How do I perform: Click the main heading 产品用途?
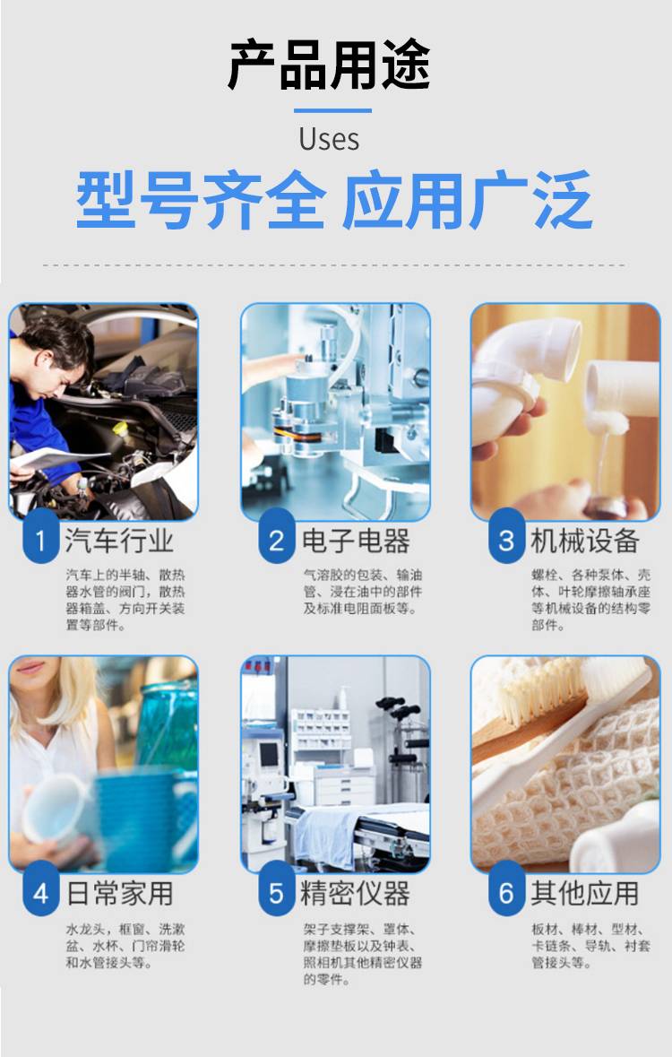click(329, 65)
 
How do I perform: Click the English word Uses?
click(329, 139)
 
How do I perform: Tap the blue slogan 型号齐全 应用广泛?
click(334, 200)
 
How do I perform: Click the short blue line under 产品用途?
click(332, 110)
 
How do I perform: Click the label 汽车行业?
click(119, 541)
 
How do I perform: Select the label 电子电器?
click(356, 541)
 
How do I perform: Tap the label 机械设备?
click(585, 541)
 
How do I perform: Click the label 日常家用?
click(120, 894)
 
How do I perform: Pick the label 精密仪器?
click(356, 894)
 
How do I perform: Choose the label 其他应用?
click(585, 894)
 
